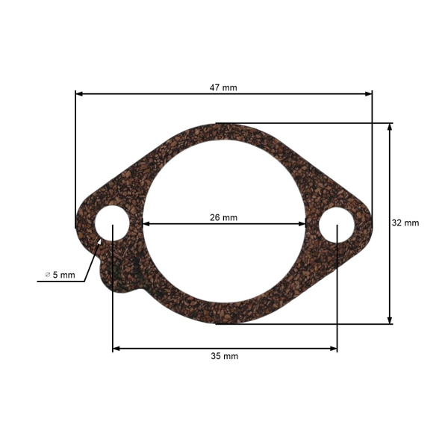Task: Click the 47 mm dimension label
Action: pos(223,87)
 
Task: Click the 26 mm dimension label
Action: pos(223,218)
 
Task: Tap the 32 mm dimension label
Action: pos(405,223)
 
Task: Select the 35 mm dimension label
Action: pos(225,356)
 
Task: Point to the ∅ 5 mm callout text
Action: pos(60,275)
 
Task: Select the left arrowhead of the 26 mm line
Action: pos(146,224)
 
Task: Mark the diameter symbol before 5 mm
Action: pos(48,275)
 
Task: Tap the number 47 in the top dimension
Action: pos(215,87)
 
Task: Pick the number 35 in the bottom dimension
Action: pos(217,356)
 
